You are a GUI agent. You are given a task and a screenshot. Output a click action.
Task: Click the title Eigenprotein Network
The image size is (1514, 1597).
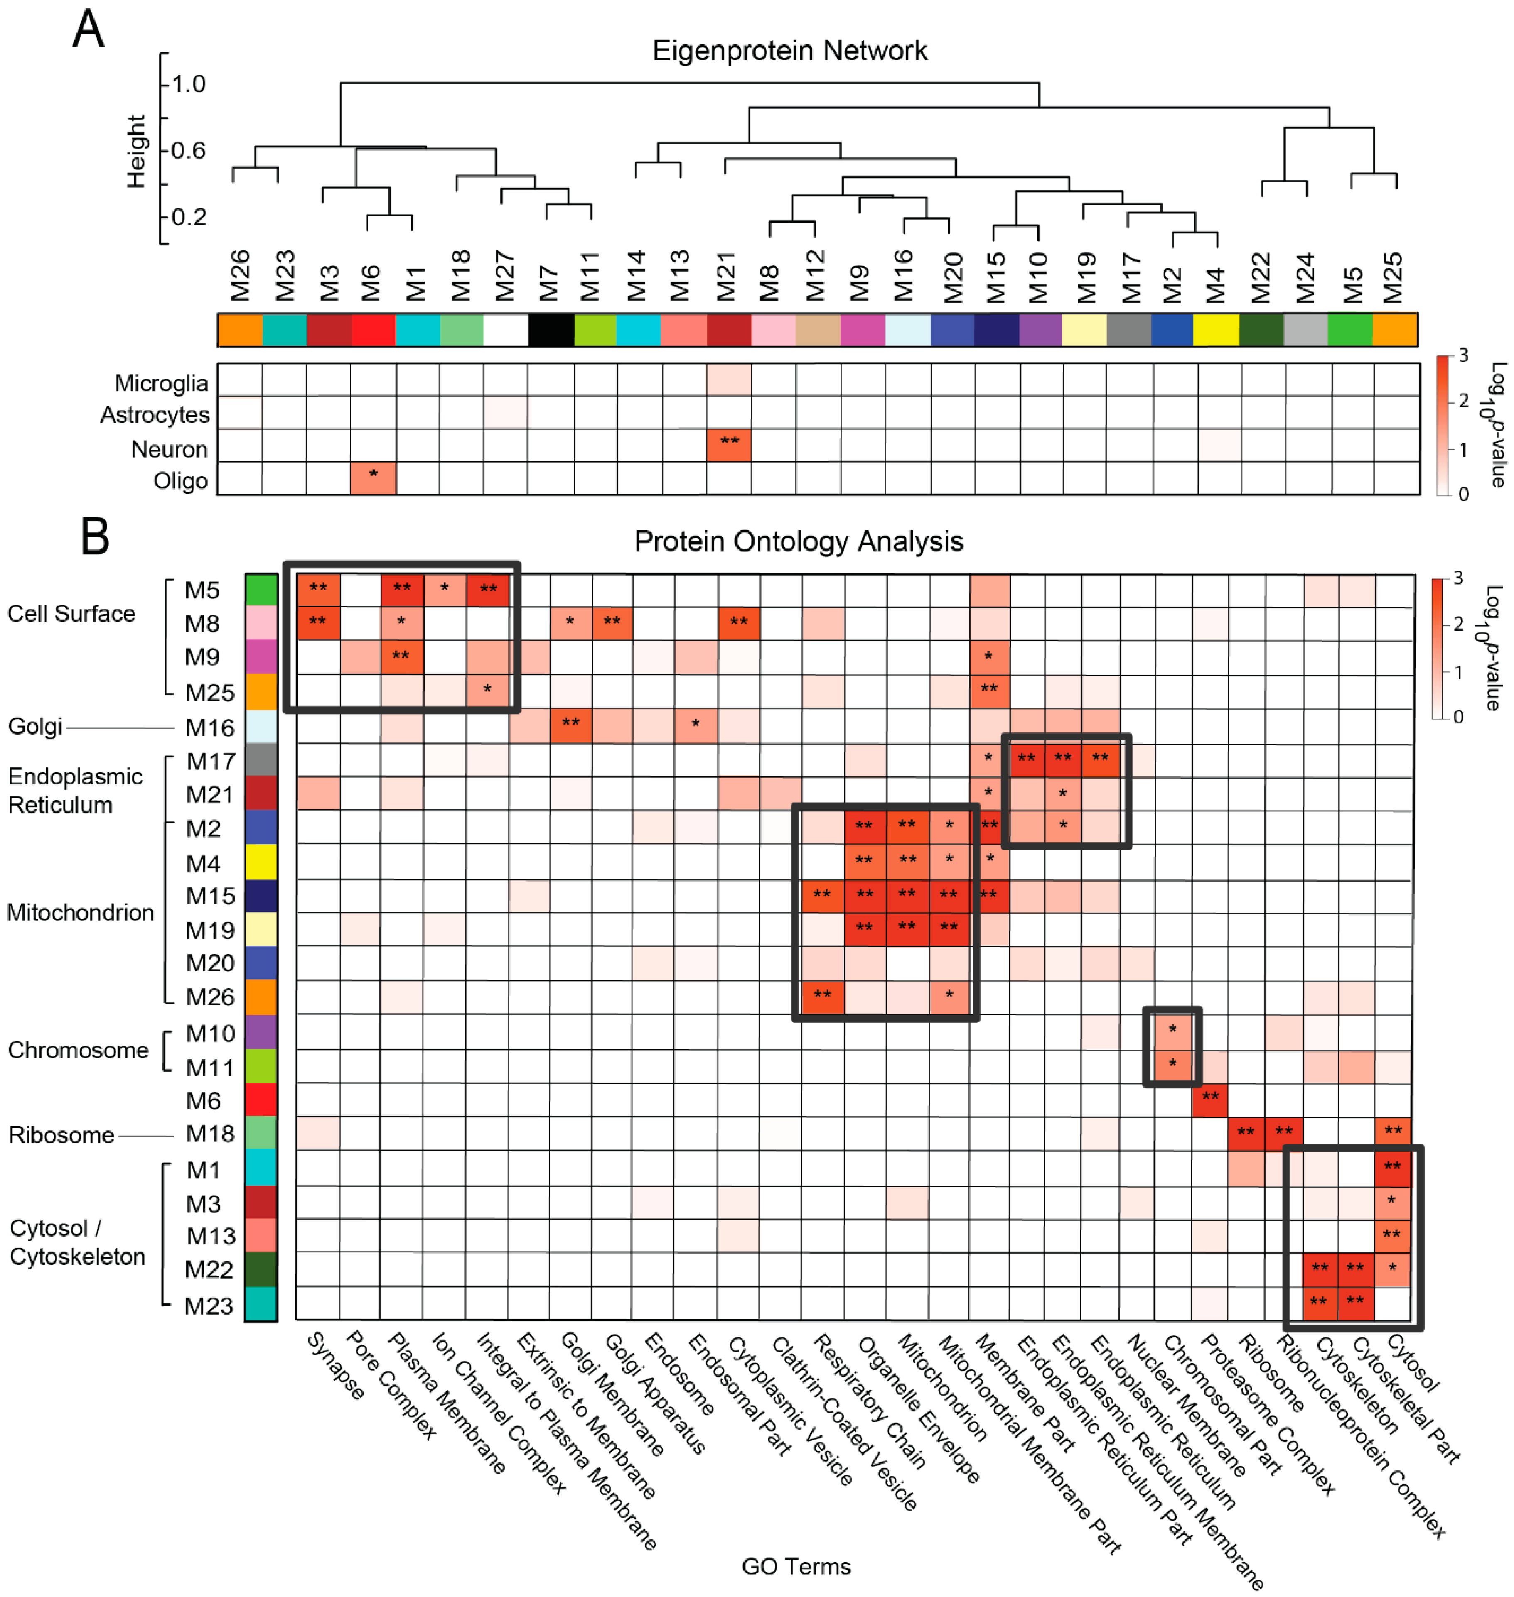pos(789,51)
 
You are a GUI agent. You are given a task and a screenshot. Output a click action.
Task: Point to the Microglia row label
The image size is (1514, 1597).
pos(161,383)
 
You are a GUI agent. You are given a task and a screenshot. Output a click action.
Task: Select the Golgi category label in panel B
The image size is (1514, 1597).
pos(35,727)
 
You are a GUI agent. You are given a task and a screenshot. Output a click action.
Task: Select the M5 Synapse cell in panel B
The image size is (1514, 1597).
pos(318,590)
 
